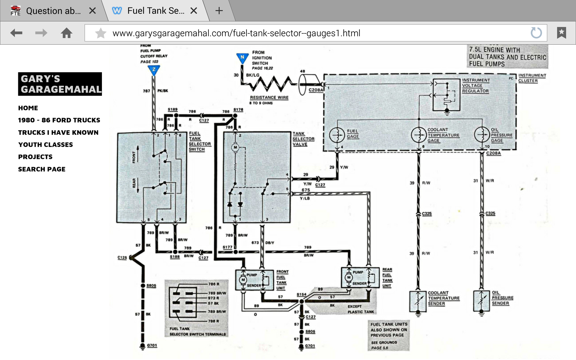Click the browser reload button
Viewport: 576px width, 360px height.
click(536, 33)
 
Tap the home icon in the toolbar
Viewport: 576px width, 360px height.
click(67, 33)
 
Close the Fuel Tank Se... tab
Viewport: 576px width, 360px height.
click(194, 11)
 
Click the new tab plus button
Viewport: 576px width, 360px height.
click(219, 11)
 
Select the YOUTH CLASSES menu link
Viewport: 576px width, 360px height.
click(46, 145)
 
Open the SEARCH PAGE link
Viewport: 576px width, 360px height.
click(42, 169)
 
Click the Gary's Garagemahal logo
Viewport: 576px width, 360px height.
click(60, 84)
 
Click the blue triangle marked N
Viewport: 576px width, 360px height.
click(242, 58)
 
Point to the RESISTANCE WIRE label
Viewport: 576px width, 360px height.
click(269, 98)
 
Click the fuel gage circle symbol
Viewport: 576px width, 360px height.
click(337, 135)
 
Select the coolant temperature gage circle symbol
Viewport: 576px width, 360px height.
click(418, 135)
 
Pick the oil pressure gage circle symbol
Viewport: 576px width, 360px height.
click(482, 134)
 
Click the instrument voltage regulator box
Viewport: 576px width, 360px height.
click(446, 95)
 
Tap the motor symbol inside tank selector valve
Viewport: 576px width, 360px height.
click(235, 147)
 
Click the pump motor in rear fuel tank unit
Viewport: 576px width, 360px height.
click(349, 277)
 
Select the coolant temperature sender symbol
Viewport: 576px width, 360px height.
click(418, 301)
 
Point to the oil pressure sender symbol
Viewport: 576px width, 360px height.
click(481, 301)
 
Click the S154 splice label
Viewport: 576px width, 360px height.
click(301, 294)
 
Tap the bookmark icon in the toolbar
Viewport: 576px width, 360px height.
click(561, 33)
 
